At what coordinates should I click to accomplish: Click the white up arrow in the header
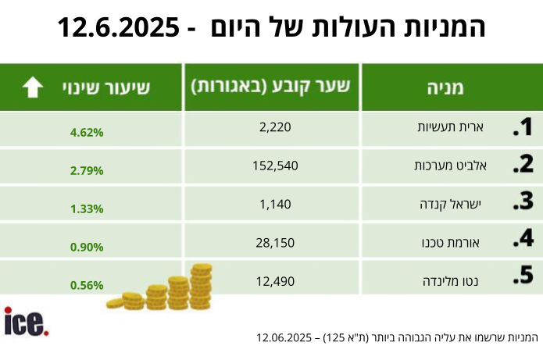pyautogui.click(x=32, y=87)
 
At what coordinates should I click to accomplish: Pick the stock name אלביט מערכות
pyautogui.click(x=442, y=166)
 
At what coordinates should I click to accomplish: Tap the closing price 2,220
pyautogui.click(x=274, y=127)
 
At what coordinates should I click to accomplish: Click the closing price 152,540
pyautogui.click(x=275, y=166)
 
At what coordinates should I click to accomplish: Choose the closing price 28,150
pyautogui.click(x=274, y=243)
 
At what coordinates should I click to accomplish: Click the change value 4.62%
pyautogui.click(x=87, y=132)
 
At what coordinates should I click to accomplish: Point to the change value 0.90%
pyautogui.click(x=87, y=247)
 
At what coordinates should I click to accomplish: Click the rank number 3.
pyautogui.click(x=522, y=203)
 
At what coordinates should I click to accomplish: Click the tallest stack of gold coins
pyautogui.click(x=201, y=285)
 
